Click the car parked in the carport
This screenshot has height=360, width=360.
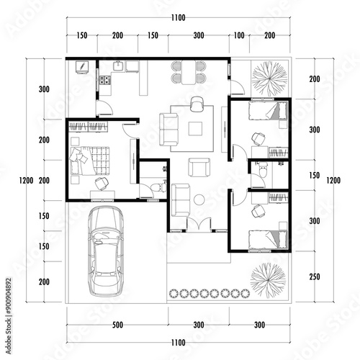click(x=106, y=251)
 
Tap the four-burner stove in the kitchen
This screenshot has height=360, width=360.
click(x=105, y=80)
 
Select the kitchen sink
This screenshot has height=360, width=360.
click(x=118, y=66)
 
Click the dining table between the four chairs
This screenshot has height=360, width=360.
click(x=189, y=73)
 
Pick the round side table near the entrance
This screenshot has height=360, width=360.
click(x=199, y=199)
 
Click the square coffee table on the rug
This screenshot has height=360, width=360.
click(x=195, y=129)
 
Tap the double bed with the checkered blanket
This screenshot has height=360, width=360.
click(x=90, y=161)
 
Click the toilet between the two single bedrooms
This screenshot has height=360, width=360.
click(x=263, y=169)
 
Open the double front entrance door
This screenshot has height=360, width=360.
click(x=199, y=225)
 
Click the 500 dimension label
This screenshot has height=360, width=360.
click(x=117, y=325)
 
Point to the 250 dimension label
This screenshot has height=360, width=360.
click(x=315, y=276)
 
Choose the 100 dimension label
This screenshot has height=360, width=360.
click(x=239, y=35)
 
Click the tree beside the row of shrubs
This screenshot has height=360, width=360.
click(x=269, y=280)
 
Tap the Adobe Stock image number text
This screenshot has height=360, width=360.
click(x=9, y=316)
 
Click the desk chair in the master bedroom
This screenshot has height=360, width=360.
click(x=102, y=184)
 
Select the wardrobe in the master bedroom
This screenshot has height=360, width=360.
click(x=88, y=127)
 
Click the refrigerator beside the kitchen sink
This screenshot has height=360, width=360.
click(x=132, y=66)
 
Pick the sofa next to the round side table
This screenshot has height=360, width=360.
click(x=181, y=199)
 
